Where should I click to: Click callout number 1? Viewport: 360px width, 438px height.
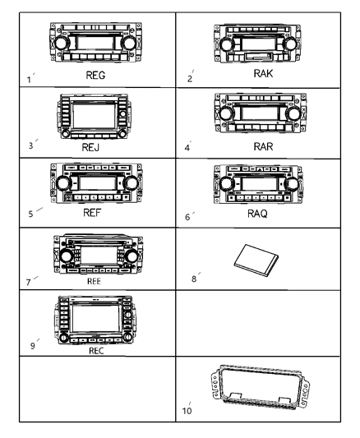pyautogui.click(x=30, y=80)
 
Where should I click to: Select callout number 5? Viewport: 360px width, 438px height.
pyautogui.click(x=30, y=214)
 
